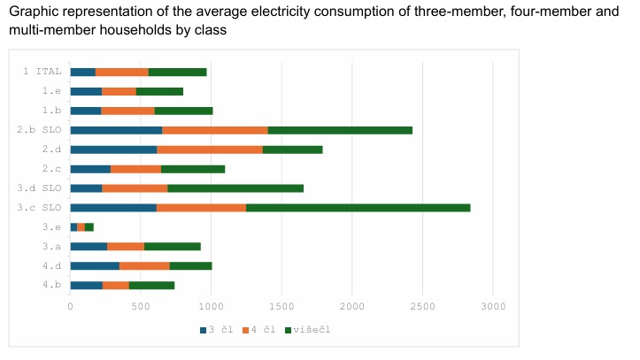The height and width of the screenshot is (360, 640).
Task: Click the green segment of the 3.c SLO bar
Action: click(x=358, y=208)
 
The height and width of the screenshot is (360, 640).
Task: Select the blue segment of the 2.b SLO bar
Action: click(x=116, y=130)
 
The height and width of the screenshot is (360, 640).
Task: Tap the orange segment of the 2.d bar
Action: click(x=210, y=149)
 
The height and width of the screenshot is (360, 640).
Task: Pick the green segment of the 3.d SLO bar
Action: click(x=235, y=188)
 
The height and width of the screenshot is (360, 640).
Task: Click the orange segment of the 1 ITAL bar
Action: click(x=122, y=72)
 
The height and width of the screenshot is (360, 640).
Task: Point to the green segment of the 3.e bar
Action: click(x=89, y=227)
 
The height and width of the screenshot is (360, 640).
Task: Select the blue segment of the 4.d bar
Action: click(x=95, y=265)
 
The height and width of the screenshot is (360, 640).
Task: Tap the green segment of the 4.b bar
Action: click(x=151, y=285)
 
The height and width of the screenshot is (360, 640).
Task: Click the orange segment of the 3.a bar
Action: click(x=126, y=247)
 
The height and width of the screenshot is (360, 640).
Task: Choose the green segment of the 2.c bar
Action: click(x=193, y=169)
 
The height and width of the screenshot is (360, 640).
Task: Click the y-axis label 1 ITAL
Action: click(x=42, y=72)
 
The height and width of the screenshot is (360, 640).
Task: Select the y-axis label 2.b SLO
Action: click(x=39, y=130)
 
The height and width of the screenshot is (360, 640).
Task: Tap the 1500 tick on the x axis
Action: click(x=281, y=306)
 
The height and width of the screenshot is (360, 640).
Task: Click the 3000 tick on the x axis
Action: click(x=493, y=306)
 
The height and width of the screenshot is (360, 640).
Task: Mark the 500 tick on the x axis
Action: click(x=141, y=306)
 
